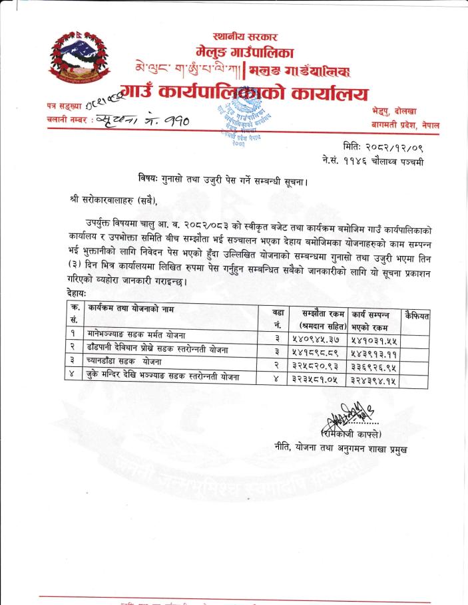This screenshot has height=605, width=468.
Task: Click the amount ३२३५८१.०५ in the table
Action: pyautogui.click(x=320, y=378)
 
